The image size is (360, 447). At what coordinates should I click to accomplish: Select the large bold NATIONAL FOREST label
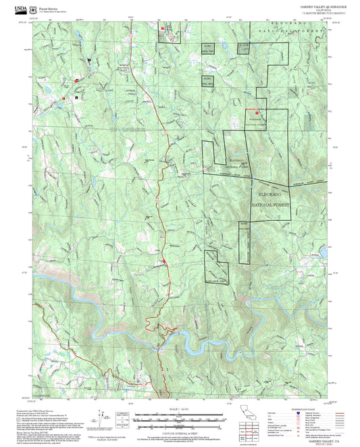coord(270,203)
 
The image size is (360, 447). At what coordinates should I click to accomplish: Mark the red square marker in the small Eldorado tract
coord(257,112)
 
